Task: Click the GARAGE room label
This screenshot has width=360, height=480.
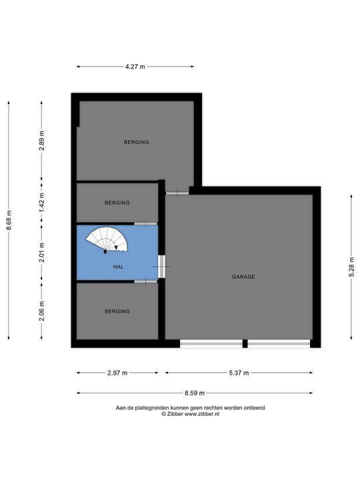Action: coord(243,277)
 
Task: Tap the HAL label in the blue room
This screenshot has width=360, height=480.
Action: coord(119,267)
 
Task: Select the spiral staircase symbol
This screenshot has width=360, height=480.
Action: coord(107,240)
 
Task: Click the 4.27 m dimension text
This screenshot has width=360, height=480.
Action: coord(135,67)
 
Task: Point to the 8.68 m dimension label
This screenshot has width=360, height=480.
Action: coord(9,220)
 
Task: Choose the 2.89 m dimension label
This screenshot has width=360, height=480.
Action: coord(42,141)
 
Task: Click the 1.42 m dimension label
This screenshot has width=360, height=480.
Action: coord(42,203)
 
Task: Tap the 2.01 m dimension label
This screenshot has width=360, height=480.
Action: coord(42,252)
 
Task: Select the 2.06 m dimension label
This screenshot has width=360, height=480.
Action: coord(42,311)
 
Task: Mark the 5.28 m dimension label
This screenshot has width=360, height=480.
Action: coord(352,267)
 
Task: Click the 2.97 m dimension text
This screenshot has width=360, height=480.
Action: coord(117,373)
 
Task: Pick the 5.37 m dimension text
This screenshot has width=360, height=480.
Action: coord(239,373)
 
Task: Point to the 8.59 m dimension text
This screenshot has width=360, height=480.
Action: coord(195,393)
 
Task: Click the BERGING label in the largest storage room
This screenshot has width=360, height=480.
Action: coord(137,142)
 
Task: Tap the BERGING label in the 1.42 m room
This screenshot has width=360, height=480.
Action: coord(117,203)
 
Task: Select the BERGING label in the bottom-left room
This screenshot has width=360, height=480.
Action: coord(117,311)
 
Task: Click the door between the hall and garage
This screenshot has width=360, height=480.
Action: coord(161,267)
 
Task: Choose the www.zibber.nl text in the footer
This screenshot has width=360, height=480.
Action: coord(202,414)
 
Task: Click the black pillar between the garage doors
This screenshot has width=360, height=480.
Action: coord(245,343)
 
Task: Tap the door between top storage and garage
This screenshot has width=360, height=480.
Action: coord(177,193)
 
